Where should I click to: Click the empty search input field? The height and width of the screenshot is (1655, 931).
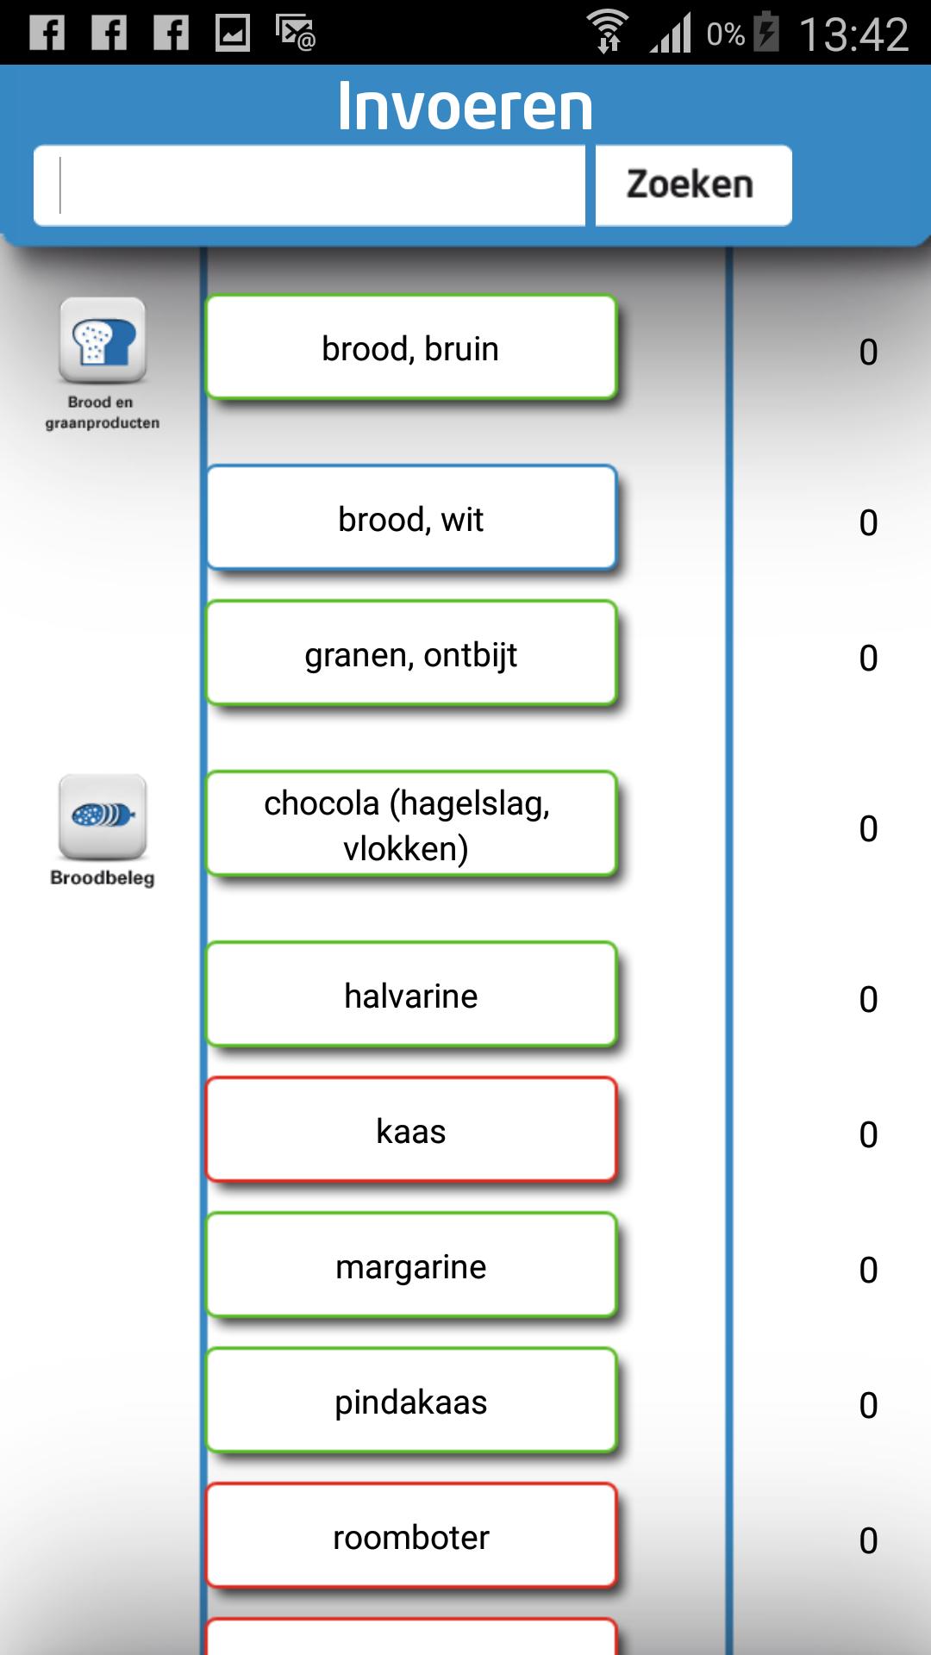pyautogui.click(x=309, y=185)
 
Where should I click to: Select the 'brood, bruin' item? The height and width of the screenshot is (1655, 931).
pyautogui.click(x=411, y=348)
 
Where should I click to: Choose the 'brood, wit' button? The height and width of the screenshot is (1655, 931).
pyautogui.click(x=411, y=519)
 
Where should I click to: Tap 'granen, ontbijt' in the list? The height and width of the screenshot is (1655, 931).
pyautogui.click(x=411, y=654)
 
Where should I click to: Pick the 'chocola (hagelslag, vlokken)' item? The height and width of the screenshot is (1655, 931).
pyautogui.click(x=411, y=825)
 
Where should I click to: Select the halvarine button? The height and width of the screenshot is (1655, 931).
pyautogui.click(x=411, y=996)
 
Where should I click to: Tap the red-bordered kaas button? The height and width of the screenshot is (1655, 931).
pyautogui.click(x=411, y=1131)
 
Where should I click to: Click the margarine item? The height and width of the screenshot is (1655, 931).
pyautogui.click(x=411, y=1266)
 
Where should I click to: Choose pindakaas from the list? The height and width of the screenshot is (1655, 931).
pyautogui.click(x=411, y=1402)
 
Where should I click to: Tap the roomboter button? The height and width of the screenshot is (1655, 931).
pyautogui.click(x=411, y=1537)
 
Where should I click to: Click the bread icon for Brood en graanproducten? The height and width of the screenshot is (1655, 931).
pyautogui.click(x=102, y=340)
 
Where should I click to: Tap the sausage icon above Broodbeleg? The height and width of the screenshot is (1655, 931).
pyautogui.click(x=102, y=816)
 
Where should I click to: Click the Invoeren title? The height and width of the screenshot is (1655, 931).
pyautogui.click(x=465, y=107)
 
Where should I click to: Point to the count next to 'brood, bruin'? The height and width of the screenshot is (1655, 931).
pyautogui.click(x=868, y=352)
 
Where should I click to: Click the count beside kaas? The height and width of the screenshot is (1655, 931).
pyautogui.click(x=868, y=1134)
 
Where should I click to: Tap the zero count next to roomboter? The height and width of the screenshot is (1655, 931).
pyautogui.click(x=868, y=1540)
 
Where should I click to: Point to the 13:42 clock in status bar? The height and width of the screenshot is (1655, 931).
pyautogui.click(x=853, y=34)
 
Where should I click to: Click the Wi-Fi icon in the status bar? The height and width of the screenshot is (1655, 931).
pyautogui.click(x=607, y=33)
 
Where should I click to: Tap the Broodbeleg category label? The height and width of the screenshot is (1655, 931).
pyautogui.click(x=102, y=877)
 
